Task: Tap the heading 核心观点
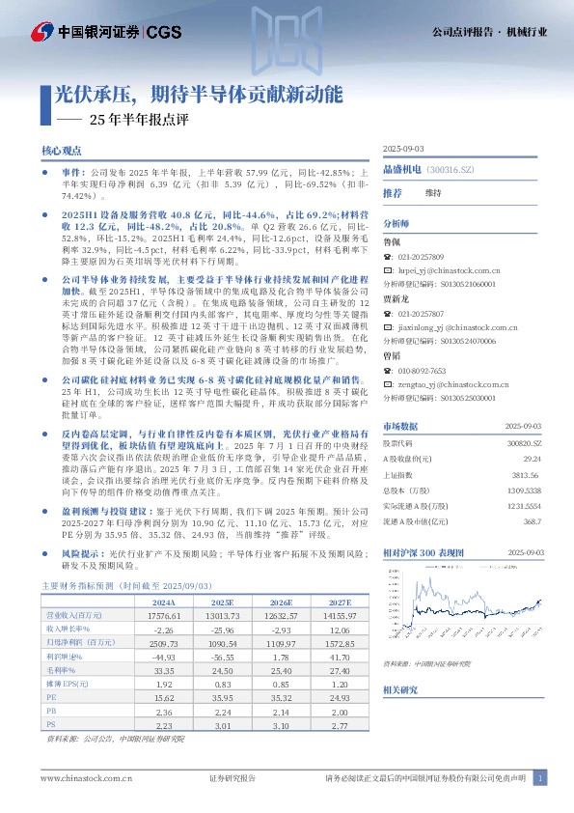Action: [62, 152]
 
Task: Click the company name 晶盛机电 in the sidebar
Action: [401, 168]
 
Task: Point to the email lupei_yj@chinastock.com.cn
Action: [445, 273]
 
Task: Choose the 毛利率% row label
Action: [62, 640]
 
